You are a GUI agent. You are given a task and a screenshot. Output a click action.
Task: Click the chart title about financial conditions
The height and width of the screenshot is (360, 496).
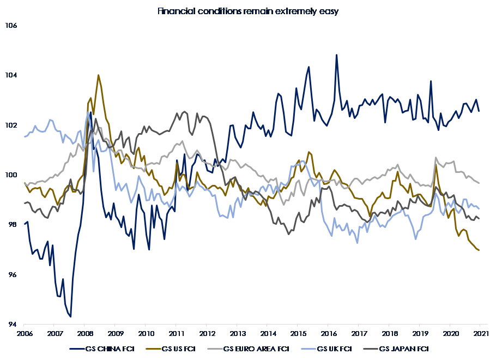click(248, 11)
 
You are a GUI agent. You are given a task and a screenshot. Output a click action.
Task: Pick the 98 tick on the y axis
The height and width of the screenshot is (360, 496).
click(12, 225)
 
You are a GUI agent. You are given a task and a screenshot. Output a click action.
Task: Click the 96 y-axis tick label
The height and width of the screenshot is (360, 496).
click(12, 275)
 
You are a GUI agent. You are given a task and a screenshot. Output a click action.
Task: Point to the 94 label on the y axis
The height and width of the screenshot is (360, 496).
click(12, 325)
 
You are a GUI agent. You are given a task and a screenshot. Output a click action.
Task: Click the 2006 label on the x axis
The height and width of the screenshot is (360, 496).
click(24, 332)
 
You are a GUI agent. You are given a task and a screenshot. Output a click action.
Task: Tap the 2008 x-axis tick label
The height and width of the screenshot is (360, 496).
click(85, 332)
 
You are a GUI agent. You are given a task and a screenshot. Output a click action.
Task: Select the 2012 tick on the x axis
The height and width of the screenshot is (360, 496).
click(207, 332)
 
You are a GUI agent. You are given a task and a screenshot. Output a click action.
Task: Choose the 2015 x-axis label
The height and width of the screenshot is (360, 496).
click(298, 332)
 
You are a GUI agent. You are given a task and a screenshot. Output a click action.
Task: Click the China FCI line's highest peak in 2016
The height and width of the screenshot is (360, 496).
click(336, 55)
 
